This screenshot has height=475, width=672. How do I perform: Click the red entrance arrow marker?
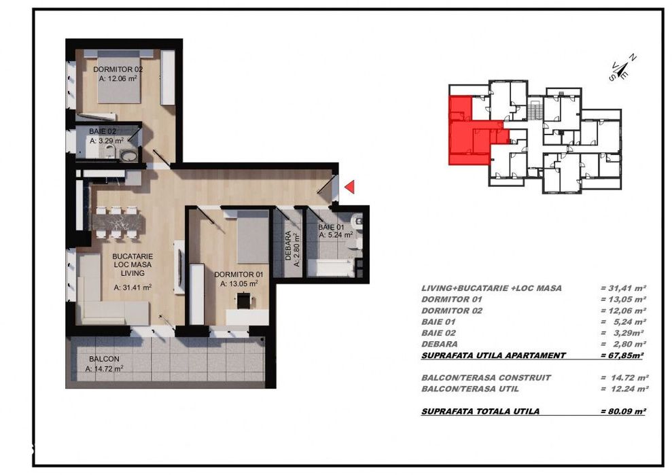point(350,186)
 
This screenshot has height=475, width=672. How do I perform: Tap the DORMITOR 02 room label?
point(118,69)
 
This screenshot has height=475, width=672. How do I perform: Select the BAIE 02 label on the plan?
point(103,131)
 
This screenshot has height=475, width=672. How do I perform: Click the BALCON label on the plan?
point(104,359)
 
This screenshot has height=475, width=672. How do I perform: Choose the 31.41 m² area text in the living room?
point(132,287)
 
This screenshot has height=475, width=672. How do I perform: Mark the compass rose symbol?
point(622,68)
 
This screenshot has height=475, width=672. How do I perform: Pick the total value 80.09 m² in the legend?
point(623,411)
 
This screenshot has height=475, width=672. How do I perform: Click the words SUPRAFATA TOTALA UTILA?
point(480,411)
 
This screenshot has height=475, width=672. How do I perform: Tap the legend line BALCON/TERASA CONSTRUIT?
point(486,378)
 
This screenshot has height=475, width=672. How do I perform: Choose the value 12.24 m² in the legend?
point(624,389)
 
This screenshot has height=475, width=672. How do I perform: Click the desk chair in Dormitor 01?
point(244,300)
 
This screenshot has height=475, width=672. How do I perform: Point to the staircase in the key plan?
point(535,109)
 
